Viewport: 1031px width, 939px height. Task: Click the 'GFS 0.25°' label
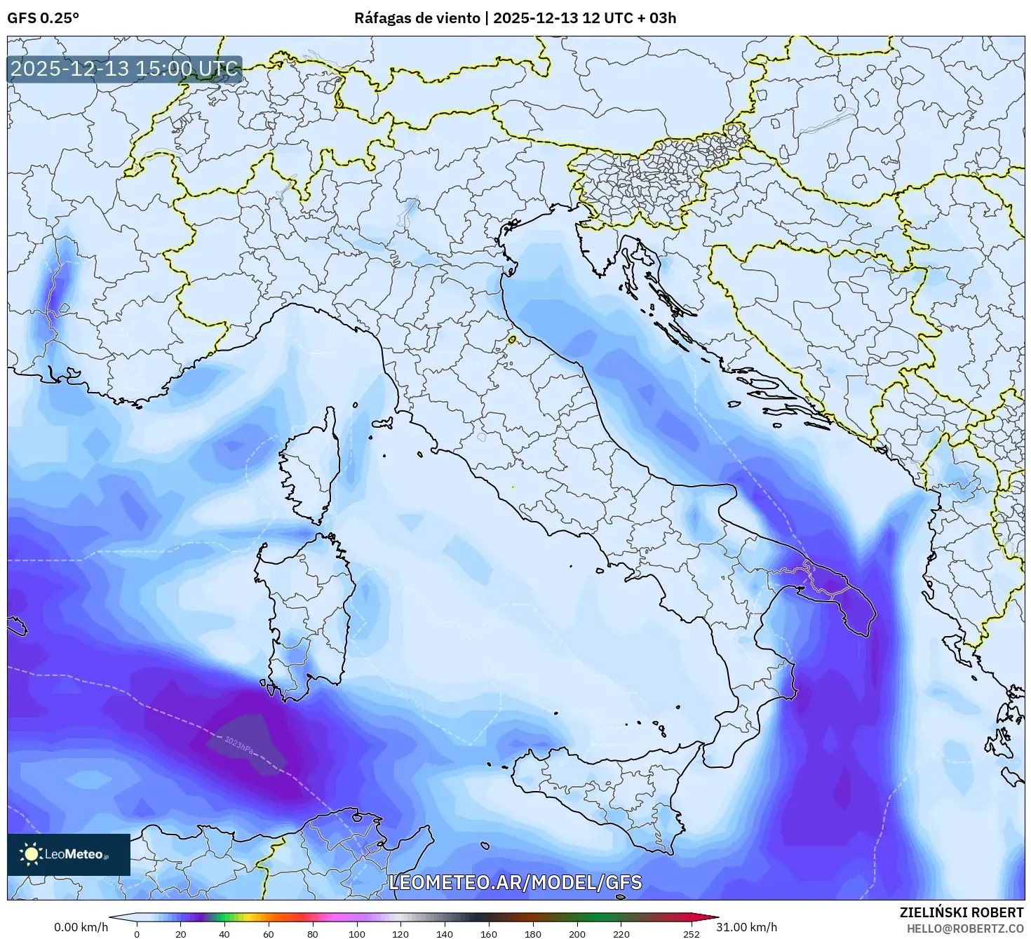click(x=43, y=18)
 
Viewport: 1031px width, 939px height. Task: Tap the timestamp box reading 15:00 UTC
click(x=125, y=69)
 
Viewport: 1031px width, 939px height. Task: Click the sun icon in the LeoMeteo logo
click(x=31, y=853)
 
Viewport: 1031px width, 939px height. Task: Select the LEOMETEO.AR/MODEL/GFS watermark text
click(x=515, y=882)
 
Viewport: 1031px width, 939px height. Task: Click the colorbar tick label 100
click(x=357, y=933)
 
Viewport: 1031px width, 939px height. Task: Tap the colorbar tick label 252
click(x=692, y=933)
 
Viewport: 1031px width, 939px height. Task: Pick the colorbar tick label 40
click(x=225, y=933)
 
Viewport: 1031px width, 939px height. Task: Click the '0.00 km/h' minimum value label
click(x=81, y=927)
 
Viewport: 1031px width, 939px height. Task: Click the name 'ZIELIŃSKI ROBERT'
click(x=962, y=912)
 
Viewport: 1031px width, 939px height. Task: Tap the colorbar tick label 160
click(x=489, y=933)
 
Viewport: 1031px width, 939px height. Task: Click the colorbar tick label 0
click(x=137, y=933)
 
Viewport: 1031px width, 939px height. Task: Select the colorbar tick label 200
click(x=577, y=933)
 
